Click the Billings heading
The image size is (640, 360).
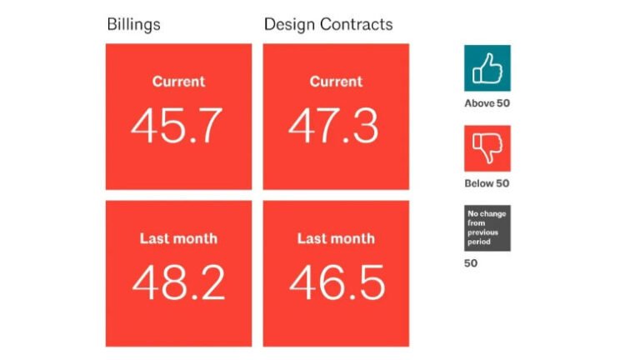point(133,24)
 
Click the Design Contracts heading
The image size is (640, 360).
point(327,24)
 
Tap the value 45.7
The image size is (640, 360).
point(177,126)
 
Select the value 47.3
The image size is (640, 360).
point(334,126)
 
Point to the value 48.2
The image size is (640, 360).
point(177,282)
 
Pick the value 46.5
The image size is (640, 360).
point(336,282)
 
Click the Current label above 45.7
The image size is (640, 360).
point(177,82)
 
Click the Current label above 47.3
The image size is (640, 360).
point(336,82)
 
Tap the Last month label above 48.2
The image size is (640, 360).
point(177,239)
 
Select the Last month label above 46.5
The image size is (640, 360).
point(336,239)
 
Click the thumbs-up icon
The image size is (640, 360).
point(487,68)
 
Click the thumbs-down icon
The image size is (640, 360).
point(487,148)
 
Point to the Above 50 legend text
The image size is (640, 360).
point(487,104)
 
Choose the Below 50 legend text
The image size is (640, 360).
point(487,183)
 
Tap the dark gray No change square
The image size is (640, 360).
point(487,227)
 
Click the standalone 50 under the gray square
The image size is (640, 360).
point(472,263)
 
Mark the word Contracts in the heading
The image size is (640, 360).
point(359,24)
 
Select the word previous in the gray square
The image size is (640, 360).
point(482,233)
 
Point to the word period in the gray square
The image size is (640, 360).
point(480,242)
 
